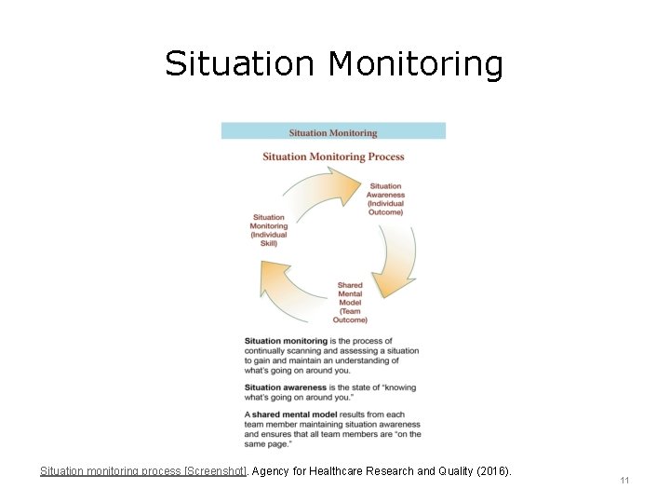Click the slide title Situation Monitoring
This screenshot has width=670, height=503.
(x=334, y=64)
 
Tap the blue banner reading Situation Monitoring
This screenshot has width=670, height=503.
(x=333, y=132)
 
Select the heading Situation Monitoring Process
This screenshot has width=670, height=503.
(x=333, y=156)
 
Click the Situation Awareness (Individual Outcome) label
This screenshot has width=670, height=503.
(x=385, y=199)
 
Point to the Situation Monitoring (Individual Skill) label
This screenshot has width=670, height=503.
(x=269, y=230)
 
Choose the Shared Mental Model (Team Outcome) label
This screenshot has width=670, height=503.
(x=350, y=303)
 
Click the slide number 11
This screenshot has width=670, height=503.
(x=624, y=481)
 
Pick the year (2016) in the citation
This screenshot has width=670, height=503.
(x=492, y=471)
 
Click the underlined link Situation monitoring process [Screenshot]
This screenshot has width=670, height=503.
(x=143, y=471)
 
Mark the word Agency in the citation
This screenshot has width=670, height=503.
(x=273, y=471)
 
